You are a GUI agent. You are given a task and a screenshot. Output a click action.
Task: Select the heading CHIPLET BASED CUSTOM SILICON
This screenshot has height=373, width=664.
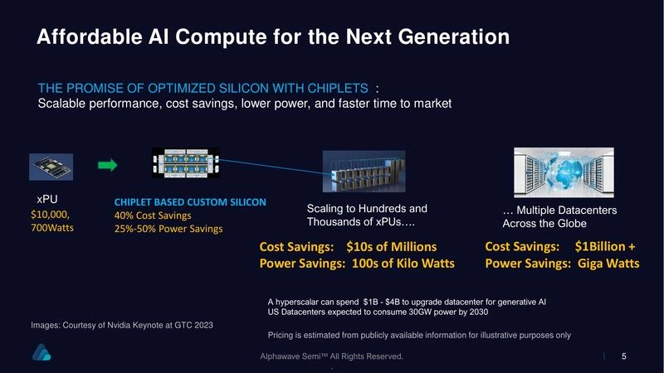[190, 202]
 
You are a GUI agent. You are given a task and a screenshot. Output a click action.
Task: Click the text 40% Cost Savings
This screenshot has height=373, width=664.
[153, 216]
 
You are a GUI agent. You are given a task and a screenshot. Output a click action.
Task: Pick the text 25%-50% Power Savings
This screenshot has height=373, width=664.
[168, 230]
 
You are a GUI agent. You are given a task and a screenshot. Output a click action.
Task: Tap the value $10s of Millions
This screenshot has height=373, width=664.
[391, 247]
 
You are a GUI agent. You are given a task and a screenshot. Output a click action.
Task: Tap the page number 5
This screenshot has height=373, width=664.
[623, 356]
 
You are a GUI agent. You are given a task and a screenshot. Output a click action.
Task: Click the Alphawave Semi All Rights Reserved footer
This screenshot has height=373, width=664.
[332, 356]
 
